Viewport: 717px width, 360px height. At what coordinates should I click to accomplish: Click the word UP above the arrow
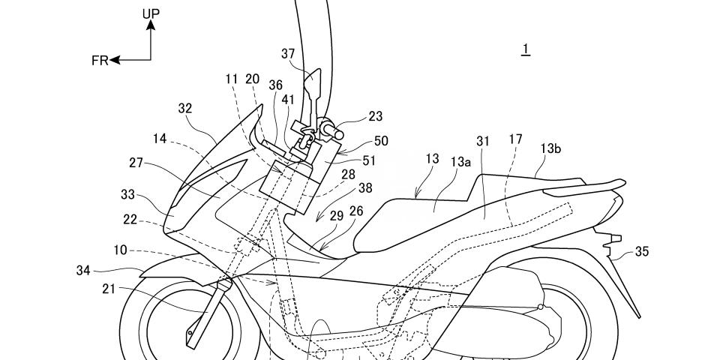pos(151,13)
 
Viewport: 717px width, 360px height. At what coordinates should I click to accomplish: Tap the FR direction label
pos(100,61)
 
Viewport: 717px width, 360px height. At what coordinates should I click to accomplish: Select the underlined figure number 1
pos(526,49)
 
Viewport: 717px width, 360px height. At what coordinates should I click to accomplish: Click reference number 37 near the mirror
pos(289,55)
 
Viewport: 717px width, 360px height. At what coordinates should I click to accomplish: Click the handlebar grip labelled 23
pos(331,130)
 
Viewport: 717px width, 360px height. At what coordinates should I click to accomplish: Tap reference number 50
pos(381,141)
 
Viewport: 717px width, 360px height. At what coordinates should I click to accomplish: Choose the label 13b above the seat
pos(550,148)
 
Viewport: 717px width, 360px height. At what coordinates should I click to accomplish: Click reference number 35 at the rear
pos(641,251)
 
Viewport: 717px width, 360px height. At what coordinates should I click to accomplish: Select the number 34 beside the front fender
pos(83,271)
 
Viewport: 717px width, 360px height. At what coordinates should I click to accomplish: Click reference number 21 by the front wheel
pos(109,289)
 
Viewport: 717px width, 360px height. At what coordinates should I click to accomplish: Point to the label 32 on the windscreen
pos(185,109)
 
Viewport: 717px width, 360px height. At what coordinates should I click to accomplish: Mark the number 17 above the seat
pos(515,139)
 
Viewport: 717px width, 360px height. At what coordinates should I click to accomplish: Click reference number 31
pos(483,142)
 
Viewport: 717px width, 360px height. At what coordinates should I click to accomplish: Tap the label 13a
pos(460,162)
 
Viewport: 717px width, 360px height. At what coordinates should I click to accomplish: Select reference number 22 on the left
pos(130,220)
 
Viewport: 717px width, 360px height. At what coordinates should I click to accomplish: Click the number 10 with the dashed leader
pos(121,250)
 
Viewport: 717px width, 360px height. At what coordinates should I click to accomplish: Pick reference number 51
pos(368,160)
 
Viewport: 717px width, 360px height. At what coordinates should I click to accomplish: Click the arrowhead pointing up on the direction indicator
pos(151,25)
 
